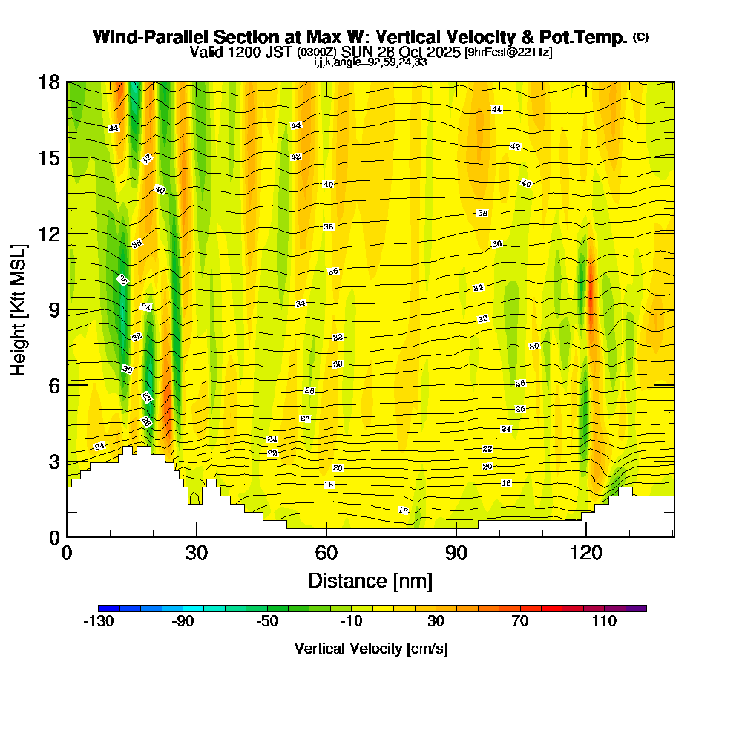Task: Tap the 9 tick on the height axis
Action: point(54,309)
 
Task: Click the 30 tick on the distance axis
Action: point(197,553)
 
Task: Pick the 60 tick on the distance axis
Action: point(326,553)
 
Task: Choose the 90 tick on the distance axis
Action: point(456,553)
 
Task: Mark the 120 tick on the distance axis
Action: point(586,553)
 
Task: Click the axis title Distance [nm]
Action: point(370,580)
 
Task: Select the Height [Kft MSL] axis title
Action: point(19,309)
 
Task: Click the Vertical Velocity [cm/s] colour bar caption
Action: point(371,649)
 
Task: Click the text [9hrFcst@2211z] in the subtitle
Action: point(508,53)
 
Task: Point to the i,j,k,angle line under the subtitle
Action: point(370,62)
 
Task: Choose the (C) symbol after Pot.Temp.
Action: point(641,37)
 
